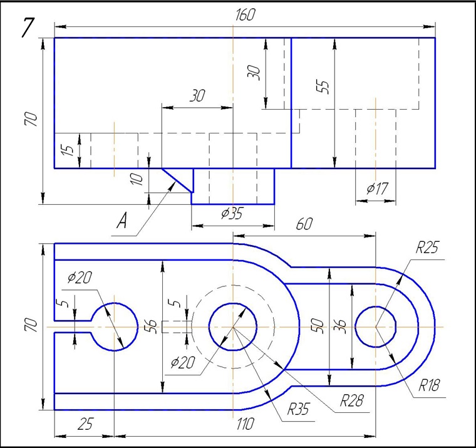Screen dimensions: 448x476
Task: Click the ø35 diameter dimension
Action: click(x=232, y=214)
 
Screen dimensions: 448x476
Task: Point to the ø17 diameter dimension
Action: click(x=378, y=188)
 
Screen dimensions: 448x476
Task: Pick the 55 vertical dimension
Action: click(x=323, y=86)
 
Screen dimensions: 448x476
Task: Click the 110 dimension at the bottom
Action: click(x=245, y=425)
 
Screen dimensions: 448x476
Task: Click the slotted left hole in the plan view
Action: click(x=114, y=326)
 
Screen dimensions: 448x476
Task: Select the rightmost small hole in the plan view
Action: click(x=375, y=326)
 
